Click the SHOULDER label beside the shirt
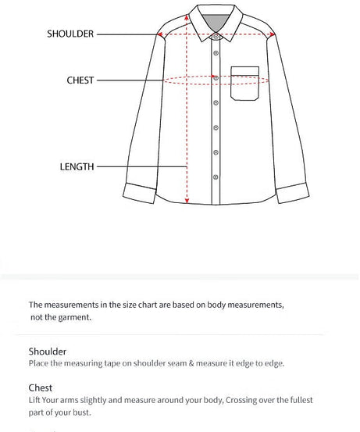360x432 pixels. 70,34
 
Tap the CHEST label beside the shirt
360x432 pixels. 80,80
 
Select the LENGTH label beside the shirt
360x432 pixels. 77,166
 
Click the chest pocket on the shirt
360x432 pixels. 244,84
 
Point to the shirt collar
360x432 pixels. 216,23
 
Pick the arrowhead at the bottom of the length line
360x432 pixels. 187,200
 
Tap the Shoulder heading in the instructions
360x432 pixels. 48,352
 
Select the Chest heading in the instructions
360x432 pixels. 41,387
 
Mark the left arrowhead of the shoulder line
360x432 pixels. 161,34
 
